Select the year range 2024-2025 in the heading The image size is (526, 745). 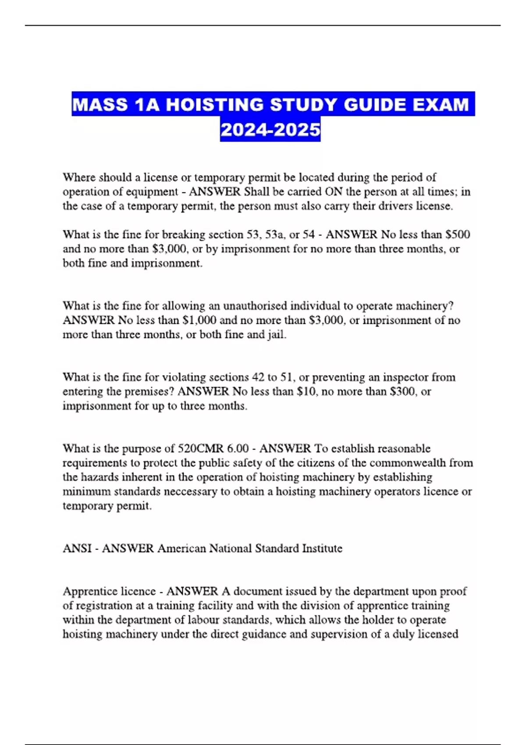coord(270,130)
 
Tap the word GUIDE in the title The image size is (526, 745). coord(374,105)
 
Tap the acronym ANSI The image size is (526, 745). coord(77,548)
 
